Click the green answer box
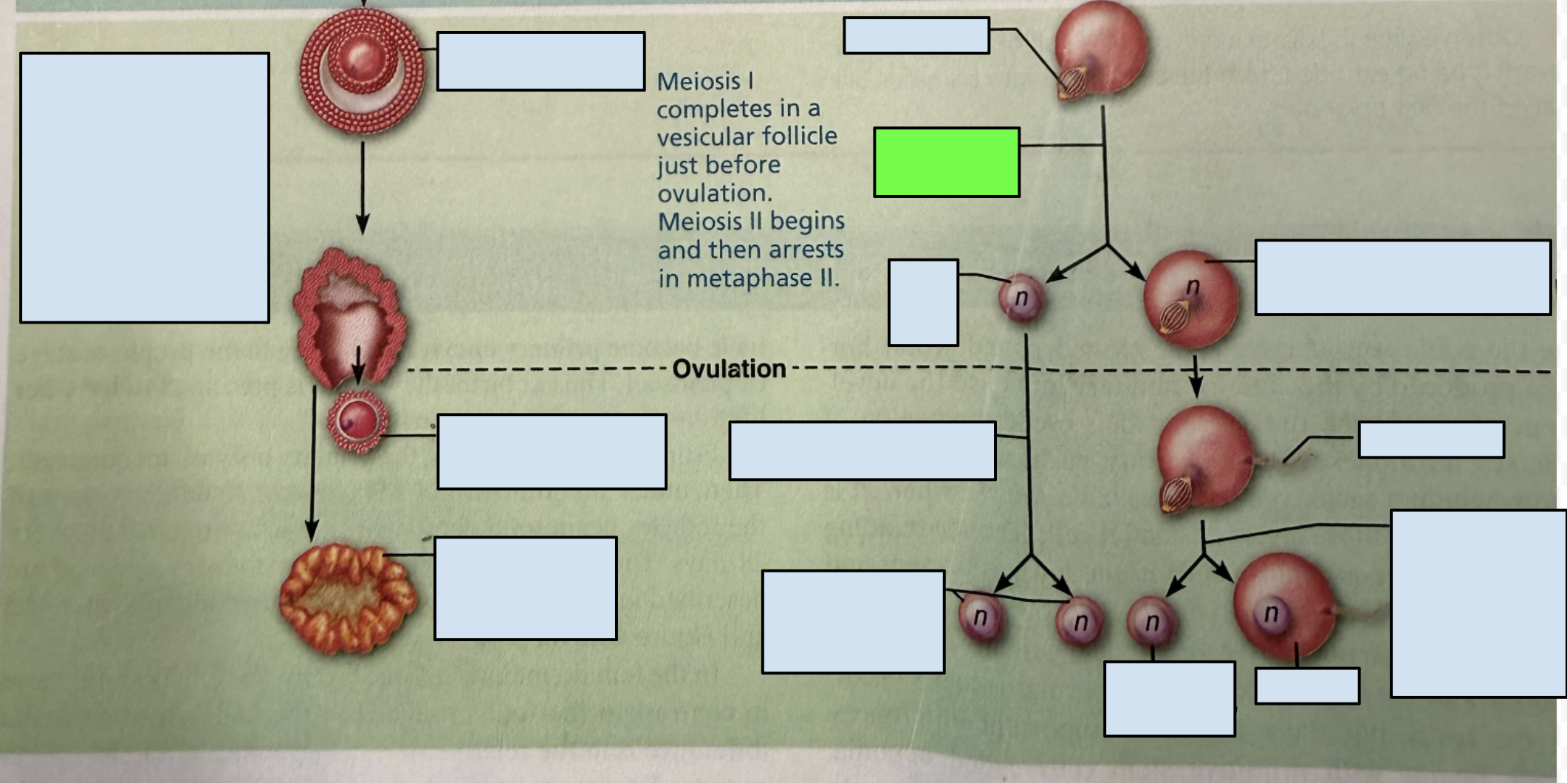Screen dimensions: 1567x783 click(x=947, y=162)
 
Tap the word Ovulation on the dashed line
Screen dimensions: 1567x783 click(x=729, y=369)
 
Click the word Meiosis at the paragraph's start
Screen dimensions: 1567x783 click(x=699, y=81)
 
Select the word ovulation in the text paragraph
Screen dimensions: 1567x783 click(x=715, y=194)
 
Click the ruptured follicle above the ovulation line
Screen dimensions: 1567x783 click(x=349, y=318)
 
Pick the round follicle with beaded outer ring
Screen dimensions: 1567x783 click(x=362, y=71)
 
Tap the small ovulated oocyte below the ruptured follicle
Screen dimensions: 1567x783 click(x=357, y=422)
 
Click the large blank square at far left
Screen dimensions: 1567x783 click(x=145, y=188)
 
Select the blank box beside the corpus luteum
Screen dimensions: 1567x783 click(x=526, y=588)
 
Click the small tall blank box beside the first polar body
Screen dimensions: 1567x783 click(x=924, y=302)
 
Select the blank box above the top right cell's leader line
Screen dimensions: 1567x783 click(x=916, y=35)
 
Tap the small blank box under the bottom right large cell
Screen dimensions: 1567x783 click(x=1307, y=686)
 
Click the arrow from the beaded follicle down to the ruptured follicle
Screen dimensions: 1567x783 click(x=363, y=188)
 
